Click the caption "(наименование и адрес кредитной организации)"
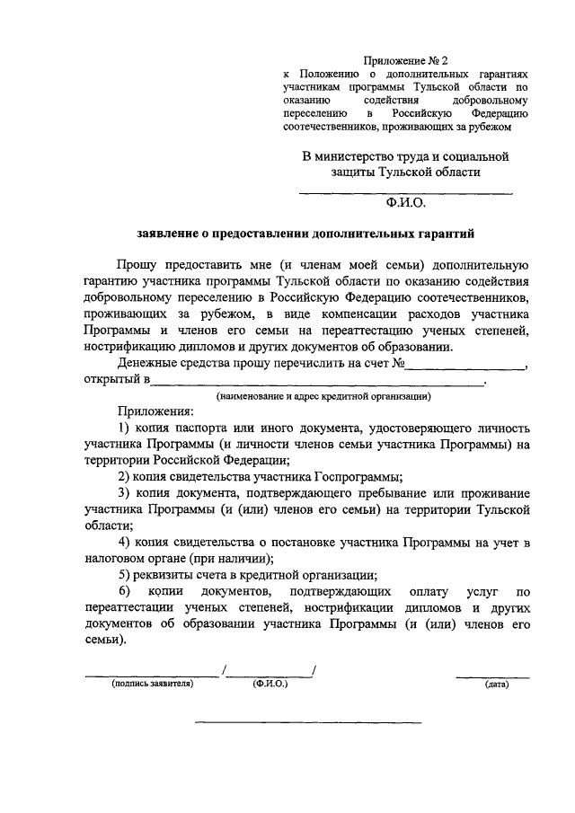(x=323, y=395)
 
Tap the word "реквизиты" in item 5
(x=164, y=576)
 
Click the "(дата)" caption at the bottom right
(x=496, y=685)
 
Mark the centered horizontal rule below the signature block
(x=308, y=721)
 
